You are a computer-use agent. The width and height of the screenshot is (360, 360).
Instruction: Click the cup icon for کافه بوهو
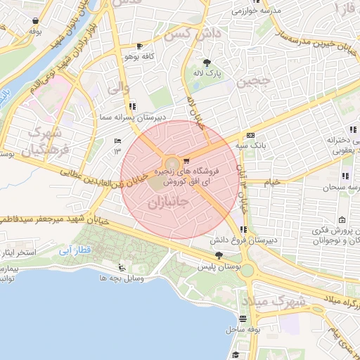point(122,46)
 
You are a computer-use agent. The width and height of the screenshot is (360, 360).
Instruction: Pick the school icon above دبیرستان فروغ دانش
point(243,229)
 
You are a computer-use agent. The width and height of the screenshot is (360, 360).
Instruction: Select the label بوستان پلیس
point(233,267)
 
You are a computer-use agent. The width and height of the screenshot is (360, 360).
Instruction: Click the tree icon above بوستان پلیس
point(219,256)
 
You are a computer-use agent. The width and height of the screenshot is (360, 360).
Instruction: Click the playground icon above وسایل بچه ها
point(122,267)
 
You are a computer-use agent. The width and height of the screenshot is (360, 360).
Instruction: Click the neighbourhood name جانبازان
point(167,203)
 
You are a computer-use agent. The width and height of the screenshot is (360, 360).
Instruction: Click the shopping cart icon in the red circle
point(186,162)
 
